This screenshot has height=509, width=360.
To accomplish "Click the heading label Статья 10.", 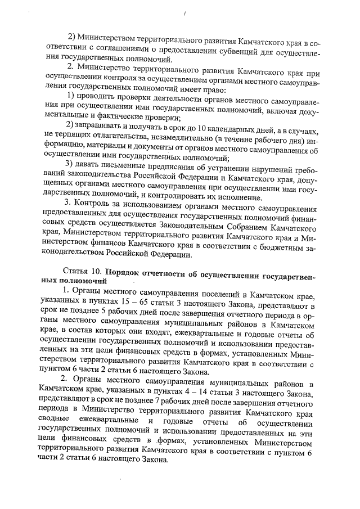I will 83,271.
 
